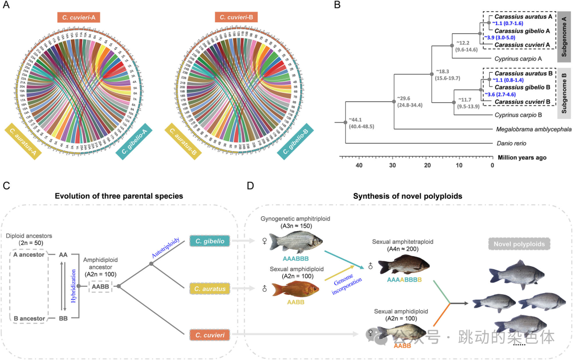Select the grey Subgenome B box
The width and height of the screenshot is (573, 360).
(x=563, y=93)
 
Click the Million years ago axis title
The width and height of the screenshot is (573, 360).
(x=521, y=157)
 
